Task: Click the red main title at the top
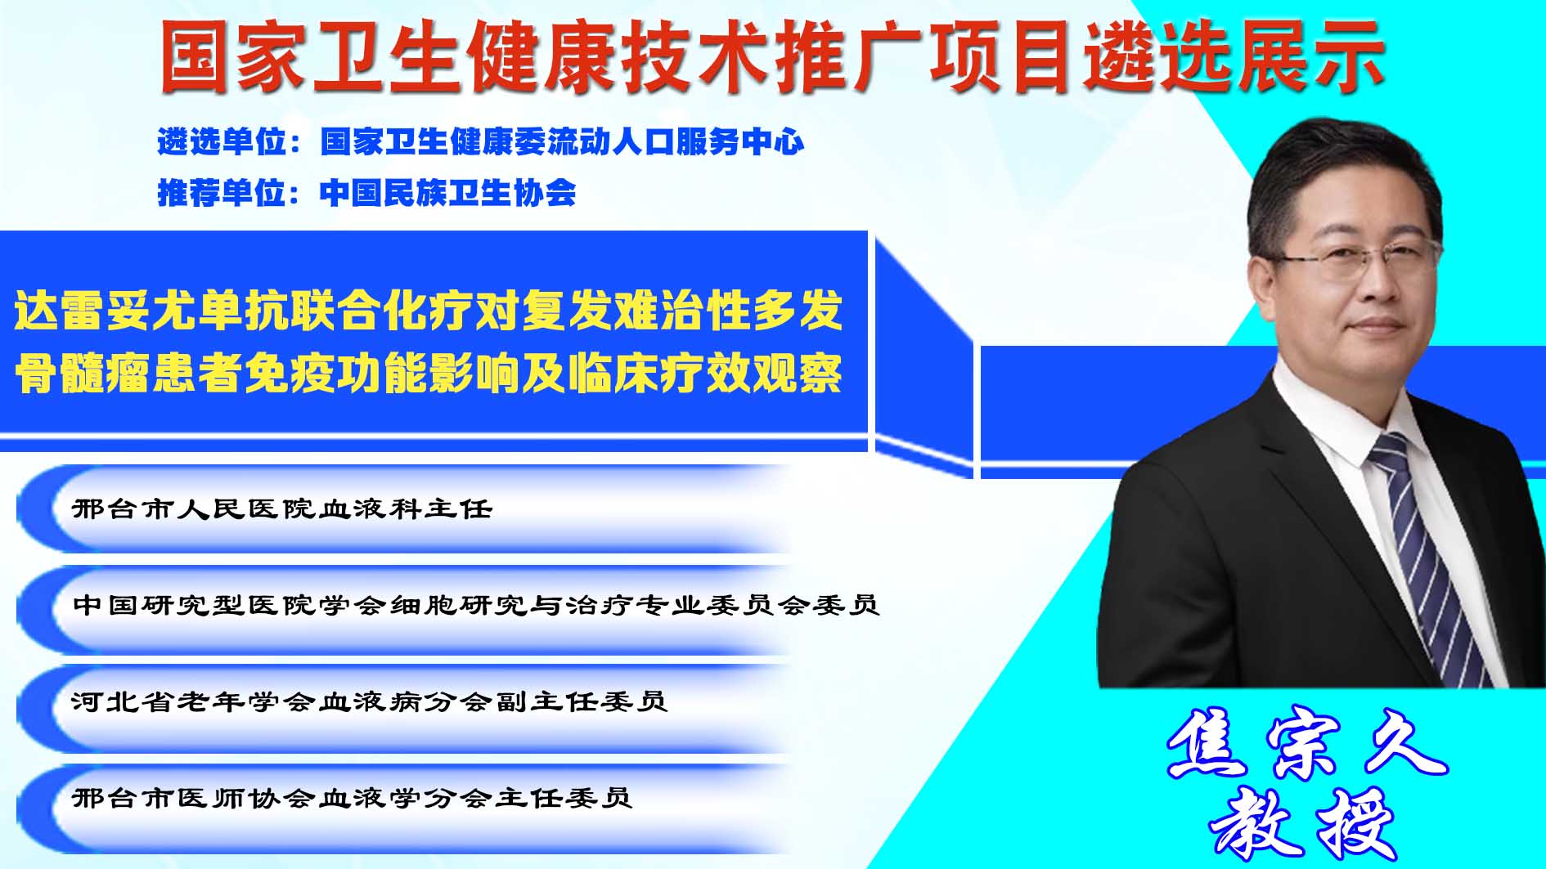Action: [772, 56]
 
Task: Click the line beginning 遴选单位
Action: [481, 142]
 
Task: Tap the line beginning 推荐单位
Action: [366, 193]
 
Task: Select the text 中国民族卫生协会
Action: [448, 193]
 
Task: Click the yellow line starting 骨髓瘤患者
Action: [429, 373]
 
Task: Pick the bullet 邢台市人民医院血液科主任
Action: [283, 508]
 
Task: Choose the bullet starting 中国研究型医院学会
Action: [476, 605]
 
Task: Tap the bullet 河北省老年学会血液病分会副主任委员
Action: [370, 701]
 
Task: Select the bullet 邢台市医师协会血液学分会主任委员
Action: [353, 797]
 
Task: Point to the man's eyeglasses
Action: [1358, 259]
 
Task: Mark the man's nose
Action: [1381, 282]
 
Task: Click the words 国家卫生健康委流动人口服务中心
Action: [563, 142]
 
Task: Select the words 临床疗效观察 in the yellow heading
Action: [707, 373]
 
